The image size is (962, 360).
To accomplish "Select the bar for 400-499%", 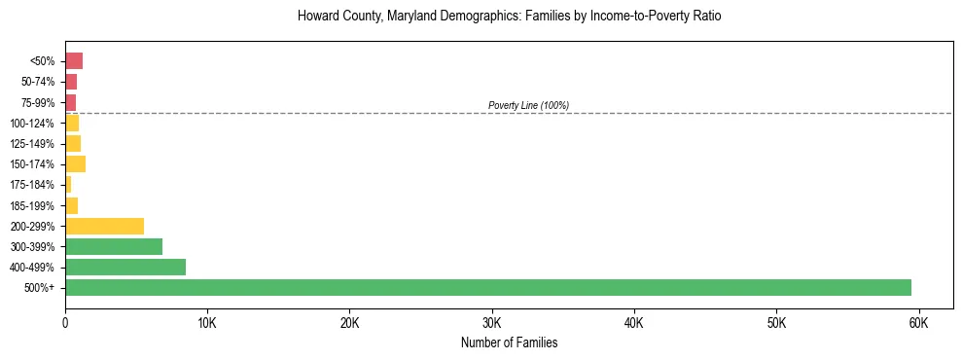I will pyautogui.click(x=125, y=267).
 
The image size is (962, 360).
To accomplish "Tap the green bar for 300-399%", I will pyautogui.click(x=114, y=246).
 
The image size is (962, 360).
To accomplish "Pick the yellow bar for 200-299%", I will pyautogui.click(x=104, y=226).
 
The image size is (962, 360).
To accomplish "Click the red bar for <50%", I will pyautogui.click(x=74, y=61).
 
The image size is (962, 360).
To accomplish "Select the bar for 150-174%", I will pyautogui.click(x=75, y=163).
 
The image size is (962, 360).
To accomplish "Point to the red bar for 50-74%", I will pyautogui.click(x=71, y=82).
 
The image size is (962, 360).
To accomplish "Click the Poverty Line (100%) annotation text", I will pyautogui.click(x=528, y=105).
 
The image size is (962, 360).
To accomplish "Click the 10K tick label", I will pyautogui.click(x=207, y=322).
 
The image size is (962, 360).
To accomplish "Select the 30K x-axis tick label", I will pyautogui.click(x=491, y=322).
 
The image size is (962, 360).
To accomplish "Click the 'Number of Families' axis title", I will pyautogui.click(x=509, y=342).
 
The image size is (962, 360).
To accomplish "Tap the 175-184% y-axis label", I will pyautogui.click(x=33, y=185).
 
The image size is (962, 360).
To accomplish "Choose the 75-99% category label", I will pyautogui.click(x=36, y=102).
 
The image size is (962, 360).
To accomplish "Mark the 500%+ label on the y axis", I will pyautogui.click(x=41, y=288).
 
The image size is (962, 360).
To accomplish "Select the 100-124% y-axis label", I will pyautogui.click(x=33, y=123).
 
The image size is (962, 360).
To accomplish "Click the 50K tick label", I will pyautogui.click(x=776, y=322).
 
